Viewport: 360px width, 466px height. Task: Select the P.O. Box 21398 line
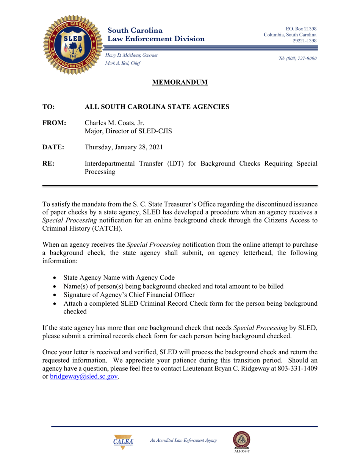click(301, 28)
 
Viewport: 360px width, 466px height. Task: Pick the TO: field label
click(49, 107)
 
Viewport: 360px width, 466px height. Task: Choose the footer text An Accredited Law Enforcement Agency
click(183, 440)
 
